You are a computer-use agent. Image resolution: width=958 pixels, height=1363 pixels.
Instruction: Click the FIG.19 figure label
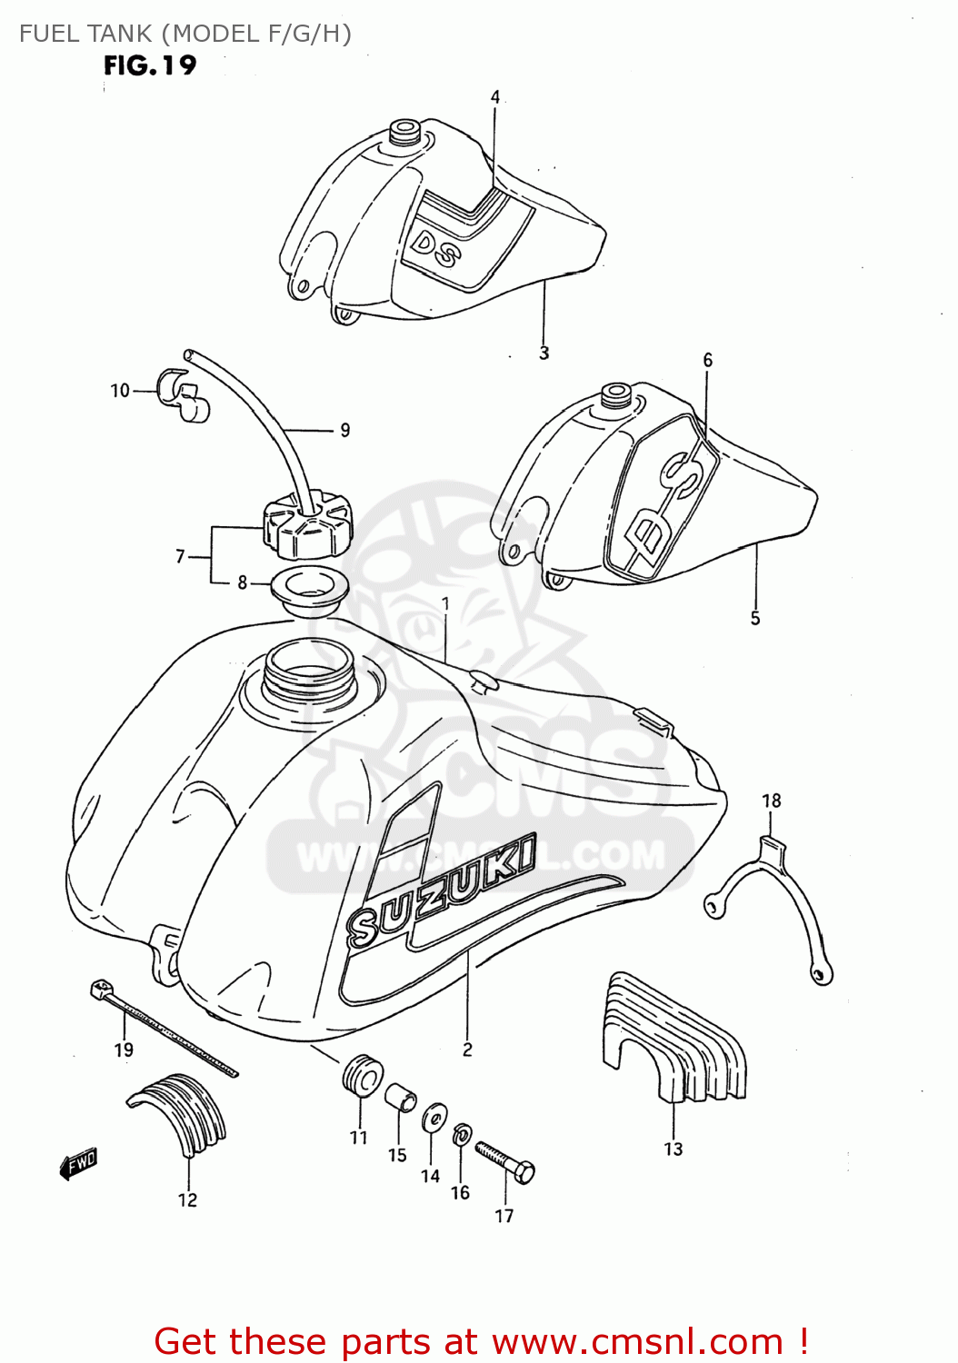(x=150, y=65)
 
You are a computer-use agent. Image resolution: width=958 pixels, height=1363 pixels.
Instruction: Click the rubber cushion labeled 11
(x=362, y=1076)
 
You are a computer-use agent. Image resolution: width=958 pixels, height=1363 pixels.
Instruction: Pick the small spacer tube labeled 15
(x=400, y=1098)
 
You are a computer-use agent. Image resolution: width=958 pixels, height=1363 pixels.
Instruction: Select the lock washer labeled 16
(x=461, y=1133)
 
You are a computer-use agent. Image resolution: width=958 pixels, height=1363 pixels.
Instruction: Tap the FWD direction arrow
(x=78, y=1163)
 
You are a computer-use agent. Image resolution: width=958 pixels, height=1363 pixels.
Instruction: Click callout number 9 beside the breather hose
(x=344, y=430)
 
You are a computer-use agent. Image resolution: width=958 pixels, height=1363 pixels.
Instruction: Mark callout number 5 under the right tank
(x=754, y=618)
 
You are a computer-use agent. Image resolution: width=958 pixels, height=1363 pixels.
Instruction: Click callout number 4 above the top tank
(x=495, y=97)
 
